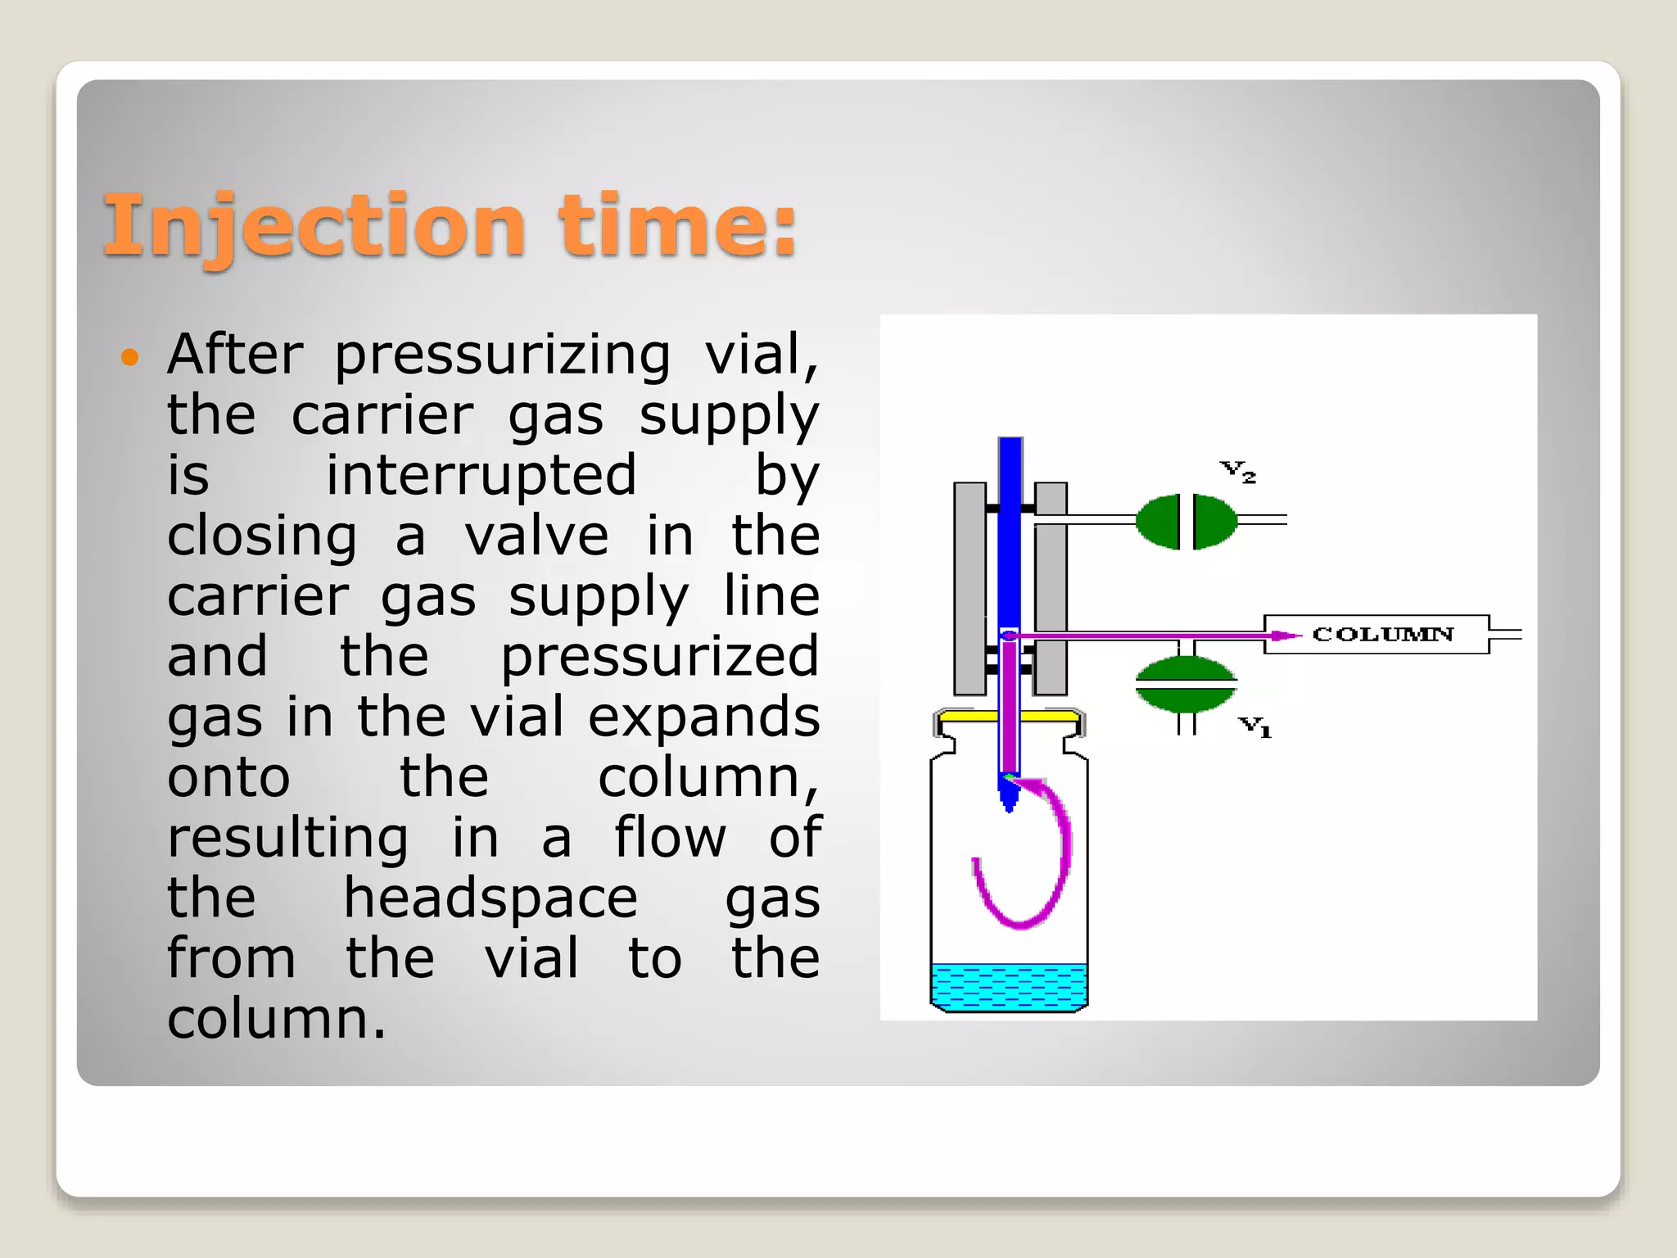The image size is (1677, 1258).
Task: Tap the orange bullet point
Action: [x=129, y=357]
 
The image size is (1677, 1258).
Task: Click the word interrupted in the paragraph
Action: [x=481, y=475]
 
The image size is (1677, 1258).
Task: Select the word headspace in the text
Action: [x=490, y=898]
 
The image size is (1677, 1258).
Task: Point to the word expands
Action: [x=703, y=717]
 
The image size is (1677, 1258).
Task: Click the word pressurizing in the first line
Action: [x=502, y=355]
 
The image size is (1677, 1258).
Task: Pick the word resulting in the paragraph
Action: [x=287, y=837]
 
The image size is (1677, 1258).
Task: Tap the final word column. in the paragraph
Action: [x=276, y=1019]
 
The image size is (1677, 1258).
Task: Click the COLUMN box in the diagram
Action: [x=1384, y=634]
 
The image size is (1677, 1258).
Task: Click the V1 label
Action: [x=1254, y=726]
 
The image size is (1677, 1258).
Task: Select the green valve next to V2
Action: [x=1186, y=521]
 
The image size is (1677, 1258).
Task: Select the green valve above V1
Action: [x=1185, y=684]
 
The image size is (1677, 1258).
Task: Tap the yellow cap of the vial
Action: [x=1009, y=716]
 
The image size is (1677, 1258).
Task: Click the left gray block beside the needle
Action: [x=970, y=588]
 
